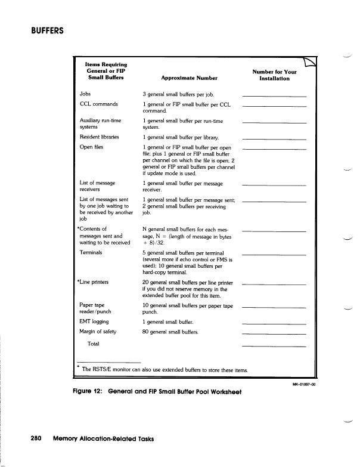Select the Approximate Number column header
[x=189, y=78]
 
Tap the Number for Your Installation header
[x=274, y=75]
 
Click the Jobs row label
[x=85, y=94]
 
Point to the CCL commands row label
[x=98, y=104]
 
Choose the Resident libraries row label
[x=99, y=137]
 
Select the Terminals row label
[x=91, y=253]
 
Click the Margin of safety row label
[x=98, y=332]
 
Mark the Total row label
[x=93, y=344]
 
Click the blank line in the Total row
[x=274, y=346]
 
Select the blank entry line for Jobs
[x=274, y=96]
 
